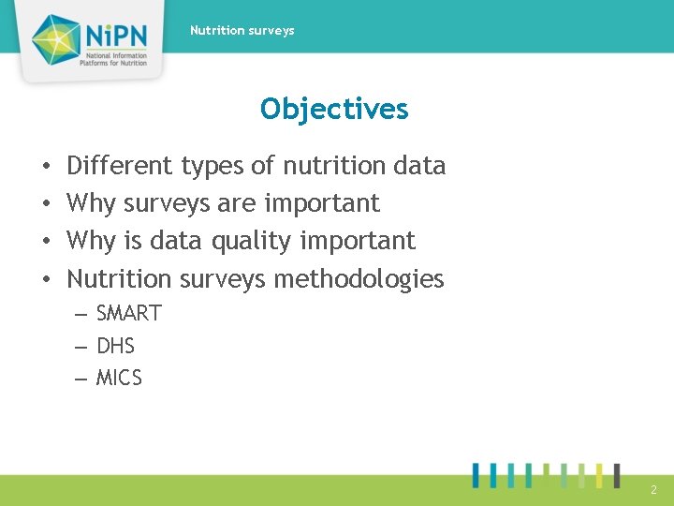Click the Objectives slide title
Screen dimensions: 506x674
pyautogui.click(x=334, y=110)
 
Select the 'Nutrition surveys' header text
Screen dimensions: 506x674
pyautogui.click(x=242, y=31)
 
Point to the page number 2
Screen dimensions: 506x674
pyautogui.click(x=653, y=489)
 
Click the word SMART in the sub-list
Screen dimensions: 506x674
pyautogui.click(x=128, y=314)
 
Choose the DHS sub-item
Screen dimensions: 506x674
pyautogui.click(x=115, y=347)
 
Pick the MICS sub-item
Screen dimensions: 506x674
pyautogui.click(x=119, y=379)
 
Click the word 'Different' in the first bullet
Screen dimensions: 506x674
pyautogui.click(x=120, y=166)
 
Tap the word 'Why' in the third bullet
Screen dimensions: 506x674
pyautogui.click(x=92, y=241)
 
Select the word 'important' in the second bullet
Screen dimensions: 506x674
pyautogui.click(x=321, y=204)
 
